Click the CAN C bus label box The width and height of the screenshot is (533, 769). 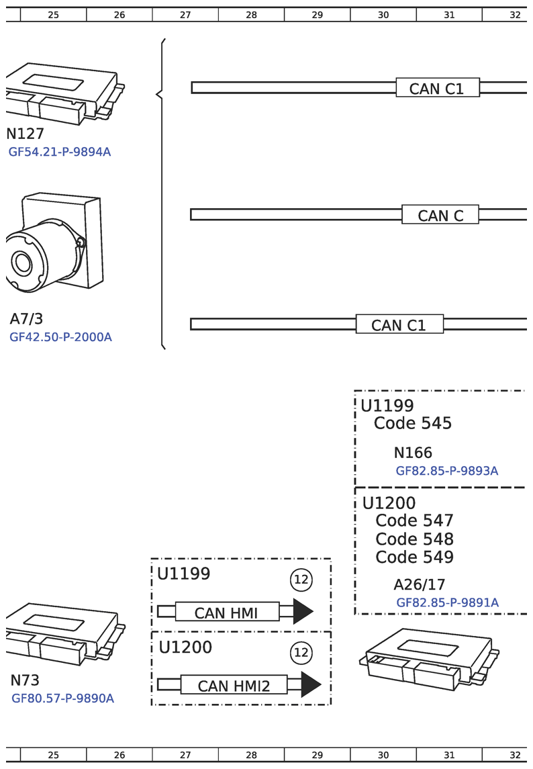click(x=440, y=215)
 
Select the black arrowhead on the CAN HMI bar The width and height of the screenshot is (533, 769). click(x=303, y=611)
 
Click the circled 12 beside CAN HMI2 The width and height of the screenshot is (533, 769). click(x=301, y=652)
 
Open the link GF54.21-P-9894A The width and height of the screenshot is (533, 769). click(x=60, y=152)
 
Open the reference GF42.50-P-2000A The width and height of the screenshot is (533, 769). click(x=60, y=337)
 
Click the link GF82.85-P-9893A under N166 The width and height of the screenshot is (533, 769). click(x=446, y=471)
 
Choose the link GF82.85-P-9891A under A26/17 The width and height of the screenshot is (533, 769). click(x=447, y=603)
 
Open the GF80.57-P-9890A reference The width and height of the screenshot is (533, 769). click(x=62, y=698)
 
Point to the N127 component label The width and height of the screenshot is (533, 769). click(x=25, y=134)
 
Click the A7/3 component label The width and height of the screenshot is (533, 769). click(x=27, y=319)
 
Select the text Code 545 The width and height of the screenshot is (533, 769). click(x=412, y=424)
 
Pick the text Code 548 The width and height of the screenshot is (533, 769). click(x=414, y=539)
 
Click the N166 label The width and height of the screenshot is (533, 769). click(x=413, y=453)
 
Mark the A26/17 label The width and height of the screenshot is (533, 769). click(x=419, y=585)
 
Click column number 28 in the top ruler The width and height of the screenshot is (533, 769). click(x=251, y=14)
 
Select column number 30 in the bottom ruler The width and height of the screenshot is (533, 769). click(x=383, y=755)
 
